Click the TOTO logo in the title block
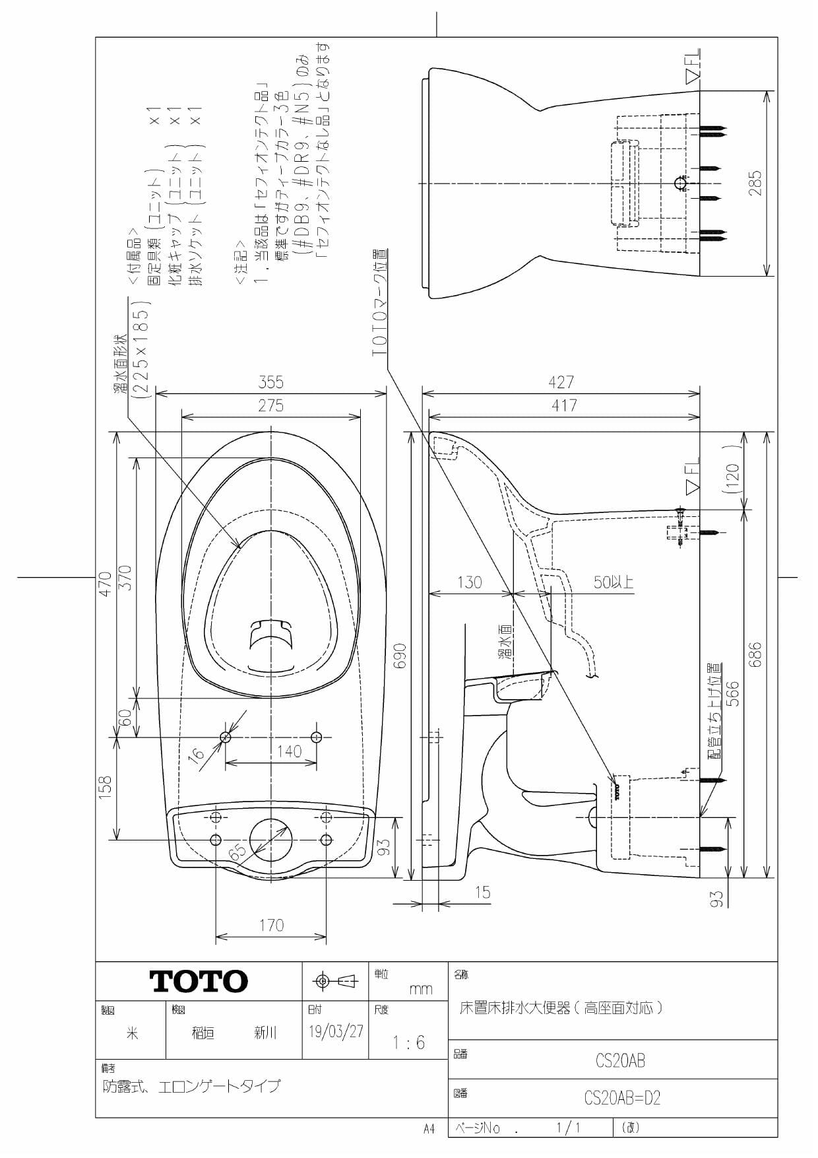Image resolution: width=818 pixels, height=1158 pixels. (x=199, y=981)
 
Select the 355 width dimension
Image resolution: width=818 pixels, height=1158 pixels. (x=270, y=382)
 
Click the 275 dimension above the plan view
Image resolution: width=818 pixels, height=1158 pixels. (x=270, y=405)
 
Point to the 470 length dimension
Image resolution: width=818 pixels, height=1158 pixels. (x=105, y=584)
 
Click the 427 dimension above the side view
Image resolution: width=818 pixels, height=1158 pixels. (x=561, y=382)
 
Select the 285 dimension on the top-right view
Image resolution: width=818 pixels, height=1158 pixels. (x=755, y=183)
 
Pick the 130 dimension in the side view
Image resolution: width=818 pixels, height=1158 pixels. (x=469, y=582)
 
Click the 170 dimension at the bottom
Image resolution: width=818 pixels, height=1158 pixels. (x=271, y=926)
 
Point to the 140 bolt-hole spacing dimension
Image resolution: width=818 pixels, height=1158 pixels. (x=289, y=751)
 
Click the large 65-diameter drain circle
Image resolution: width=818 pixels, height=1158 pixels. (x=270, y=840)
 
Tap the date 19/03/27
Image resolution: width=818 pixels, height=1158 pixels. (x=336, y=1031)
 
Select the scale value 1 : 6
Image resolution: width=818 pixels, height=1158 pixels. (x=408, y=1042)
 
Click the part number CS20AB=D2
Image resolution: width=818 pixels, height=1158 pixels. (x=621, y=1098)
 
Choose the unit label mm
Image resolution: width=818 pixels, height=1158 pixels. (x=421, y=989)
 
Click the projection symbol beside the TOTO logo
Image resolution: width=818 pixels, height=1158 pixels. (x=335, y=981)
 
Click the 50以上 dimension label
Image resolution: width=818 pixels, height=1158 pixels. (x=613, y=582)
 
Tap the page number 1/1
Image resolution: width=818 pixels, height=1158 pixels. (x=568, y=1128)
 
